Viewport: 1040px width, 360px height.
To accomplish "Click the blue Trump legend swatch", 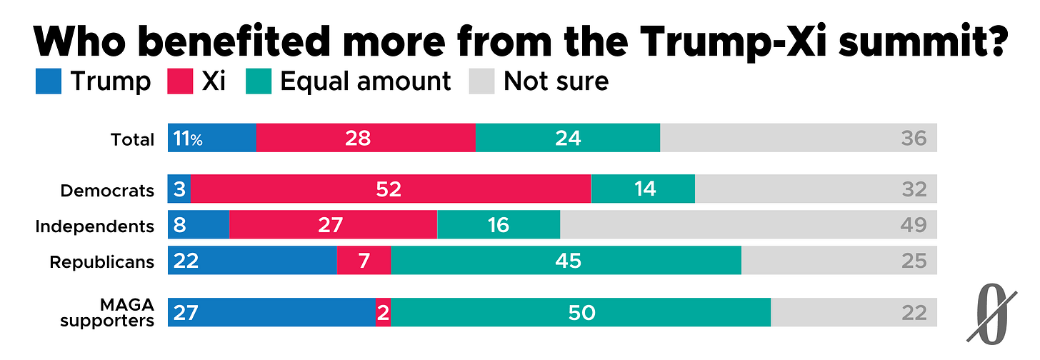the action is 49,81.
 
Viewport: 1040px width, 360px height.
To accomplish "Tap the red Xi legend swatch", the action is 180,81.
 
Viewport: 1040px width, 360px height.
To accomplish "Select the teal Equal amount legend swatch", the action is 259,81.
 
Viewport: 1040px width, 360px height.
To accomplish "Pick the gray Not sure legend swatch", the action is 482,81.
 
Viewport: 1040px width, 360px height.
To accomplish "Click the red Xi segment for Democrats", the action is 391,189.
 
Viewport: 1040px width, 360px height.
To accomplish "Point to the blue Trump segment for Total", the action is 212,137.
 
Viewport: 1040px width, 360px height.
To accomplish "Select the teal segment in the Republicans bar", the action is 566,260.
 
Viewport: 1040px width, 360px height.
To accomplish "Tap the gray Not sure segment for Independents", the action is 749,224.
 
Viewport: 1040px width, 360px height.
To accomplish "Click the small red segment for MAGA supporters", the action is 384,312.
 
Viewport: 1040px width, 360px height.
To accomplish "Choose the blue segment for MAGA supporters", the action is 271,312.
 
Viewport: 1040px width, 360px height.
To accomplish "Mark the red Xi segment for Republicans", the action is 364,260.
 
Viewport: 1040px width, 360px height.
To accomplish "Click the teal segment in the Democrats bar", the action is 643,189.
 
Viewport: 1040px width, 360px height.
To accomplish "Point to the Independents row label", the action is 95,226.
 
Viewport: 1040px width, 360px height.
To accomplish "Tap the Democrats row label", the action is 107,191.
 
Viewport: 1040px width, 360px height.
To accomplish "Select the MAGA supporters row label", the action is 107,313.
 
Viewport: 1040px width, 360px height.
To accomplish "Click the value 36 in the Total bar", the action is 914,139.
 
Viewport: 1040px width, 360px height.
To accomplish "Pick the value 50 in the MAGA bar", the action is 581,313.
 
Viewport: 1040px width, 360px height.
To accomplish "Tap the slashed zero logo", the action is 991,315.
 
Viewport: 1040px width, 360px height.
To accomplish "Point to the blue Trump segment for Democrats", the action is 179,189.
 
